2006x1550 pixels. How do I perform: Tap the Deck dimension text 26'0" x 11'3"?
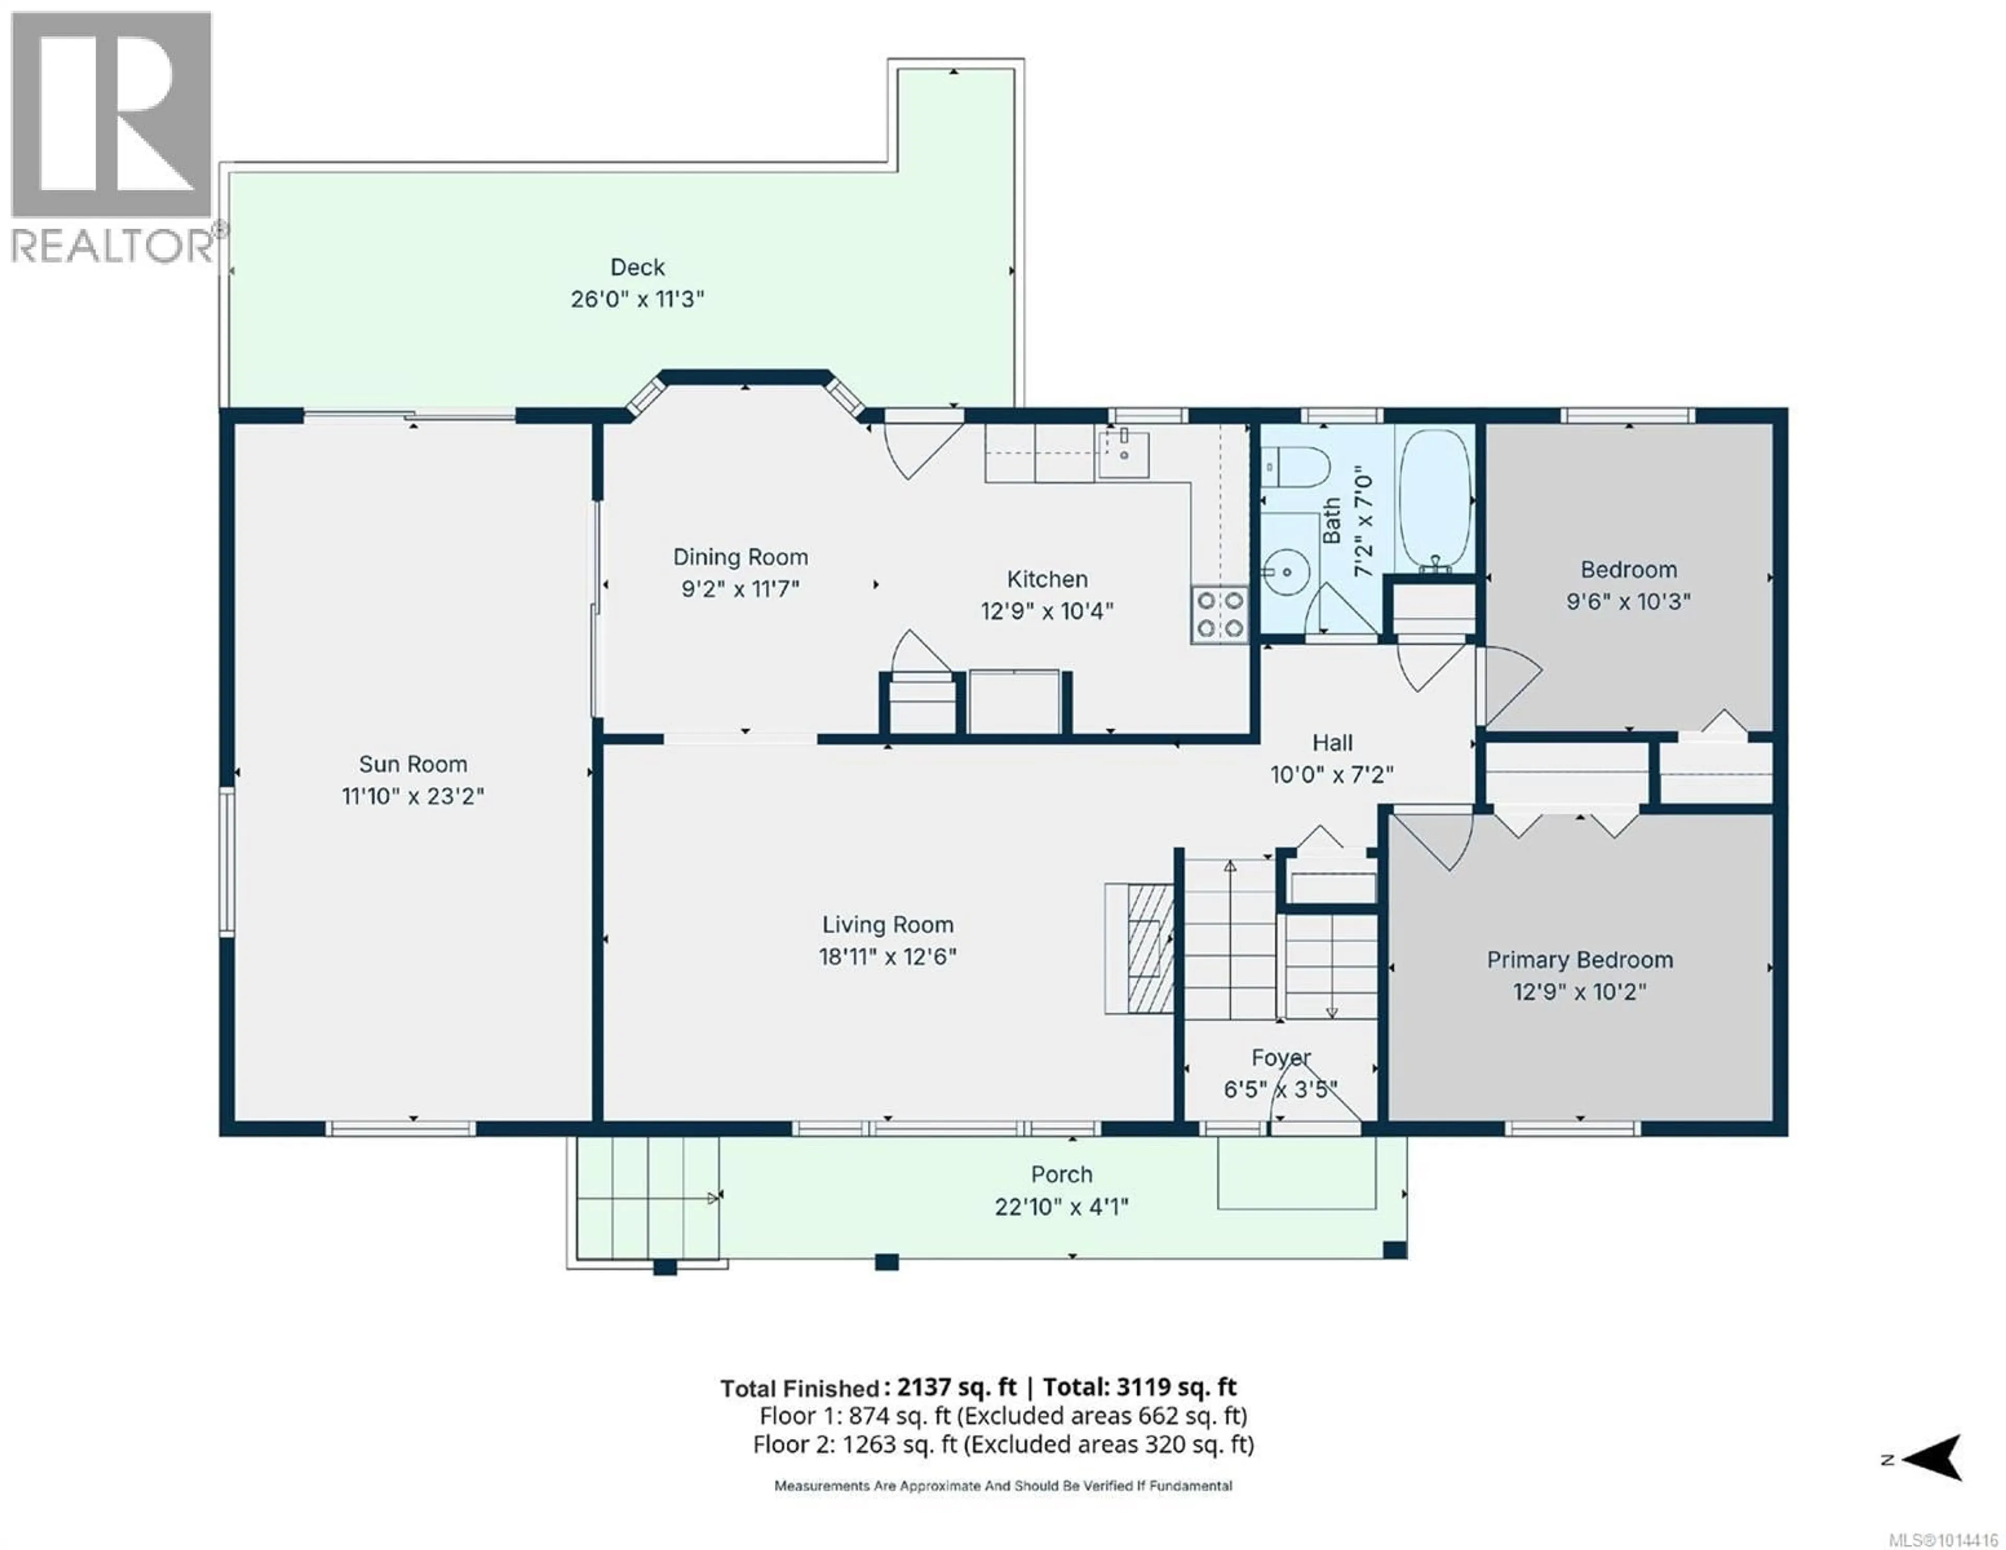(x=637, y=299)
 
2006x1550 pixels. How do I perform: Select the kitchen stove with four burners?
(x=1220, y=615)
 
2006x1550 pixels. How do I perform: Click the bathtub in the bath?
(x=1434, y=501)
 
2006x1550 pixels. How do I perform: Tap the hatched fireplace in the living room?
(x=1140, y=948)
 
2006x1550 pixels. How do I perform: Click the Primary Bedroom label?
(x=1580, y=960)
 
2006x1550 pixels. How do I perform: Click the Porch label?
(x=1062, y=1174)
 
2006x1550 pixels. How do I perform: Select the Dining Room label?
(x=740, y=557)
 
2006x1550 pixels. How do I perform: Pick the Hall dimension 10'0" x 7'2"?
(x=1332, y=775)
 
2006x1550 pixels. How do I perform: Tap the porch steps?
(x=648, y=1198)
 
